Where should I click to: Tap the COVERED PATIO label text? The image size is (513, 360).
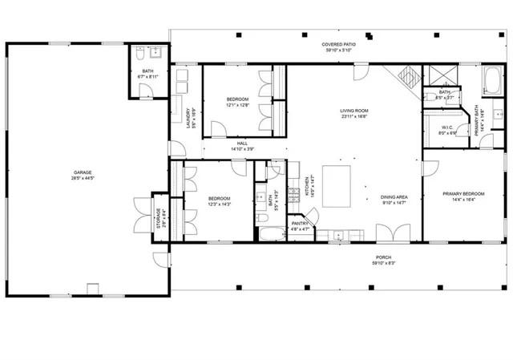(338, 45)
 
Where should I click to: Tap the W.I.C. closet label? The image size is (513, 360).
(448, 127)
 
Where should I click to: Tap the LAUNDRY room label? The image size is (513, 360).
(189, 118)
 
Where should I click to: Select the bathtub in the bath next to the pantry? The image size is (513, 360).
(270, 233)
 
